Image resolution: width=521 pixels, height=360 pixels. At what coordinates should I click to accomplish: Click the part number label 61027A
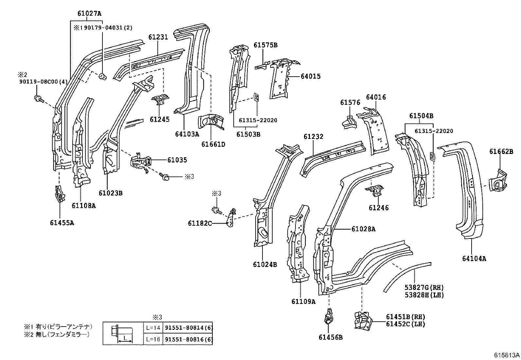tap(89, 13)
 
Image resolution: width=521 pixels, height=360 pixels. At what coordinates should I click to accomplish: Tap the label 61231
tap(158, 37)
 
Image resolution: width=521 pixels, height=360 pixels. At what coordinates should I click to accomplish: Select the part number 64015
tap(311, 76)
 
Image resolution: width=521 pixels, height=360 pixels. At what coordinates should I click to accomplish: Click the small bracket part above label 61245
tap(160, 99)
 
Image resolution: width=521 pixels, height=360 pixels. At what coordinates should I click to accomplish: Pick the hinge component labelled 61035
tap(142, 162)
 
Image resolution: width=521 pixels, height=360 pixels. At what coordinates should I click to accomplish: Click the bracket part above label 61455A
tap(59, 195)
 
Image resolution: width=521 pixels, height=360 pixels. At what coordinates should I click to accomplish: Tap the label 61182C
tap(200, 223)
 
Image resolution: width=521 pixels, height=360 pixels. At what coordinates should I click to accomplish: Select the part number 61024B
tap(265, 264)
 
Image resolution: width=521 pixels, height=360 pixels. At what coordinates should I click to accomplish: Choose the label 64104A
tap(474, 258)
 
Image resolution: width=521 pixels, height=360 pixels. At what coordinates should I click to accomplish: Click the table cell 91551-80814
tap(188, 328)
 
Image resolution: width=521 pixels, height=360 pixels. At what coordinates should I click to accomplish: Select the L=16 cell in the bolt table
tap(153, 339)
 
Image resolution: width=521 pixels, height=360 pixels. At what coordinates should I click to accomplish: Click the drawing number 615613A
tap(507, 355)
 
